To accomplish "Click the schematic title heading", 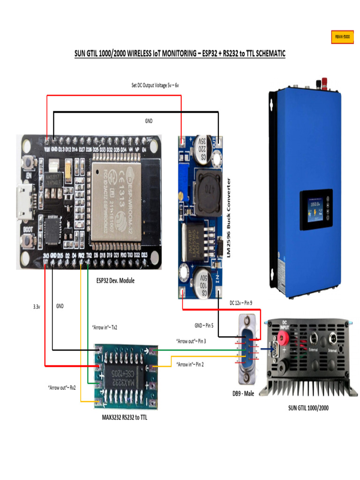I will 180,54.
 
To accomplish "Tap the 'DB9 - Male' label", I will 243,394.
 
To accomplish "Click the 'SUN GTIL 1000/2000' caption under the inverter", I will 308,408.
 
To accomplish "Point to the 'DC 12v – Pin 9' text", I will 240,303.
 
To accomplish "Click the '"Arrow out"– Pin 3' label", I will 191,341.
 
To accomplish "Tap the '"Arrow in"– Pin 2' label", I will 190,365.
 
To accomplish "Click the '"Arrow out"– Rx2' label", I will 62,388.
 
